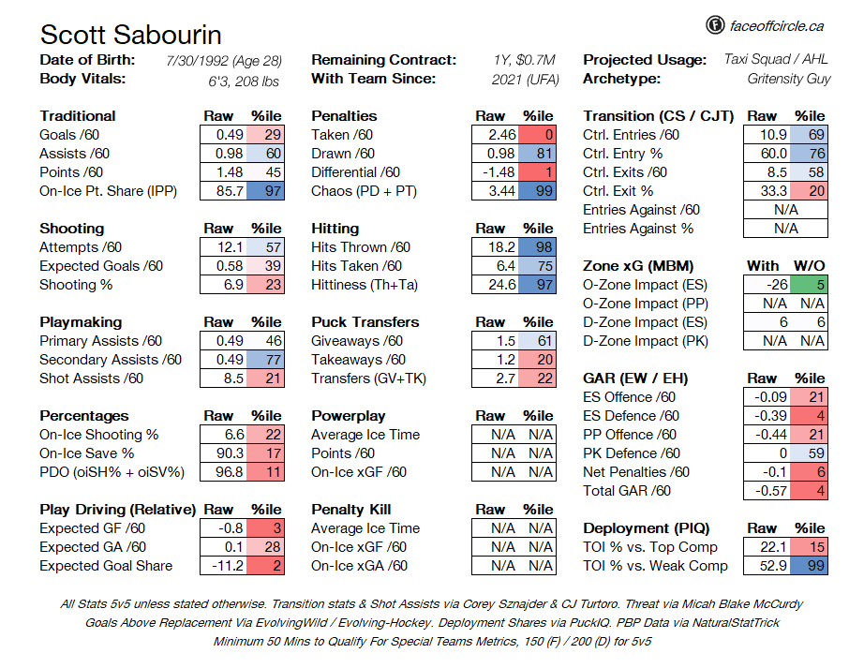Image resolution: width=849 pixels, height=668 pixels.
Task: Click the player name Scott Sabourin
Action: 131,36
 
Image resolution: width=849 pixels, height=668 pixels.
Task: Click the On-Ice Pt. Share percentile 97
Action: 267,191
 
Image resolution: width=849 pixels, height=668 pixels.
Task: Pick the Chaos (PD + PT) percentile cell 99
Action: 539,191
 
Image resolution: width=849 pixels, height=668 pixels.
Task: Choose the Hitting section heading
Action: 335,228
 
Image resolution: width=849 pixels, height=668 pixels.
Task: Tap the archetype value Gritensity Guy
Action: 788,79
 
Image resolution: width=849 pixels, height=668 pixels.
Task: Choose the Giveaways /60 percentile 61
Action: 539,341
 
